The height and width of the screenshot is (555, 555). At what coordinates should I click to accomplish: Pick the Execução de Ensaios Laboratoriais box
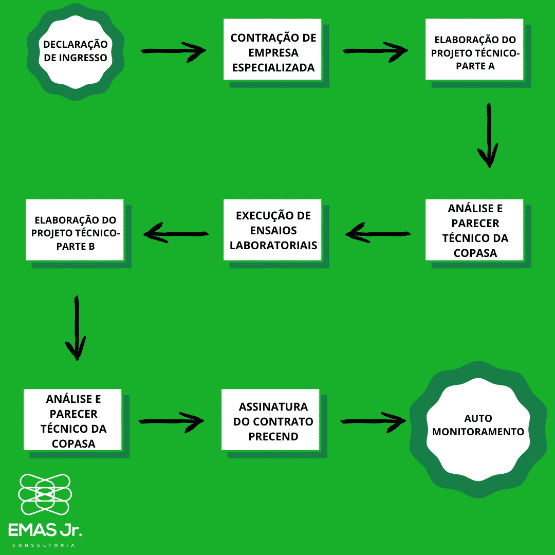click(272, 230)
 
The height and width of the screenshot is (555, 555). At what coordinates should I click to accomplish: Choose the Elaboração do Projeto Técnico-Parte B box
click(75, 230)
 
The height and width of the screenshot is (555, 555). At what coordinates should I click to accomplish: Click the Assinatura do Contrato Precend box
click(271, 420)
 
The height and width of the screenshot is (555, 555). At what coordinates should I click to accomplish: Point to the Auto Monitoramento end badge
click(478, 424)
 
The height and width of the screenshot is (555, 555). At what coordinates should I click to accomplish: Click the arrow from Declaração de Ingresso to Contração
click(173, 51)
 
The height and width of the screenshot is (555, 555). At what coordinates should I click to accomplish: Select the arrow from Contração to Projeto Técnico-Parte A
click(375, 51)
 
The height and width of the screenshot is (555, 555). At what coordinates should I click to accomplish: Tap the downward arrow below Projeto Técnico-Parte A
click(488, 135)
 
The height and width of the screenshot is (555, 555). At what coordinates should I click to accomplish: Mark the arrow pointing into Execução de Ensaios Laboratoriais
click(378, 234)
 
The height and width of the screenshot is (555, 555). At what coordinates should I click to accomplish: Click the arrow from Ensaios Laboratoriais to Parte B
click(176, 234)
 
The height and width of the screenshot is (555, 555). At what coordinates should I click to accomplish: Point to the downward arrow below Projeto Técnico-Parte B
click(77, 327)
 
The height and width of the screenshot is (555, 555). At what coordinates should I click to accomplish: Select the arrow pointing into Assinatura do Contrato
click(171, 420)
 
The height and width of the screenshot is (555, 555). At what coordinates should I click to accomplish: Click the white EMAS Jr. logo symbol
click(45, 495)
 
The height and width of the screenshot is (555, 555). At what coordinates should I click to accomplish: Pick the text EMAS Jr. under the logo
click(45, 530)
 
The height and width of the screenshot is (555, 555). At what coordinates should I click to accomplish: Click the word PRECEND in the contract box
click(273, 437)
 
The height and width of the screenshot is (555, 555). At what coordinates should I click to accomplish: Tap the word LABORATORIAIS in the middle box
click(273, 245)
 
